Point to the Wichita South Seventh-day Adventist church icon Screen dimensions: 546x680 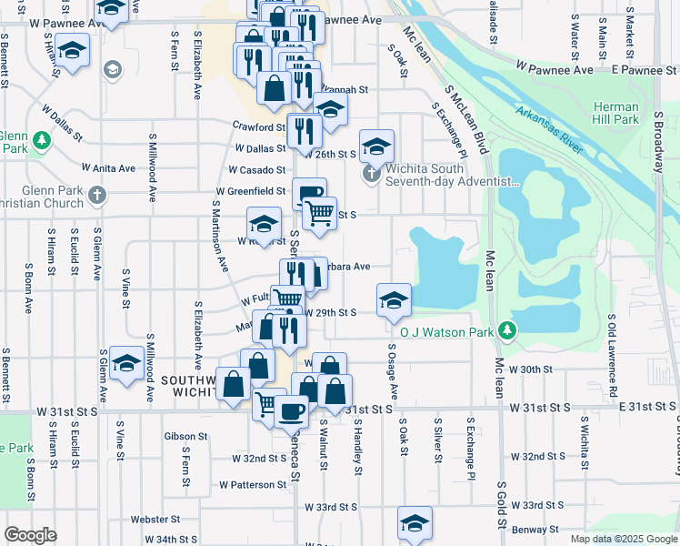click(x=370, y=173)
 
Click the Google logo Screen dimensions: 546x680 click(x=30, y=534)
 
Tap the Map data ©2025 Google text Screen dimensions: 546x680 click(x=623, y=539)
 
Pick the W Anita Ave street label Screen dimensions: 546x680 click(x=108, y=168)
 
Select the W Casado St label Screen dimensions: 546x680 click(x=257, y=170)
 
